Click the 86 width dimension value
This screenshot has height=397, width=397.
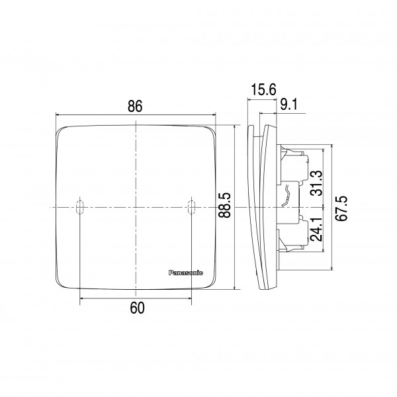pyautogui.click(x=135, y=106)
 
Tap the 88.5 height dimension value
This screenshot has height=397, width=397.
pyautogui.click(x=224, y=205)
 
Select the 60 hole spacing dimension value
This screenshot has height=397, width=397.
pyautogui.click(x=137, y=308)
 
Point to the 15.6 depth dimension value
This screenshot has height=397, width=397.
pyautogui.click(x=263, y=89)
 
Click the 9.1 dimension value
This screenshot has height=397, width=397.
pyautogui.click(x=289, y=105)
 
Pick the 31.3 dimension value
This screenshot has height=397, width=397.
pyautogui.click(x=317, y=183)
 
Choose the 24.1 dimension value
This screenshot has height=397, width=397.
pyautogui.click(x=317, y=229)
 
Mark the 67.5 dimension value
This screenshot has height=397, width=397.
pyautogui.click(x=341, y=208)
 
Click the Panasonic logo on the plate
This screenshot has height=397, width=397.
pyautogui.click(x=185, y=273)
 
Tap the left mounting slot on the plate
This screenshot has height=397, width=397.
pyautogui.click(x=80, y=207)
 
